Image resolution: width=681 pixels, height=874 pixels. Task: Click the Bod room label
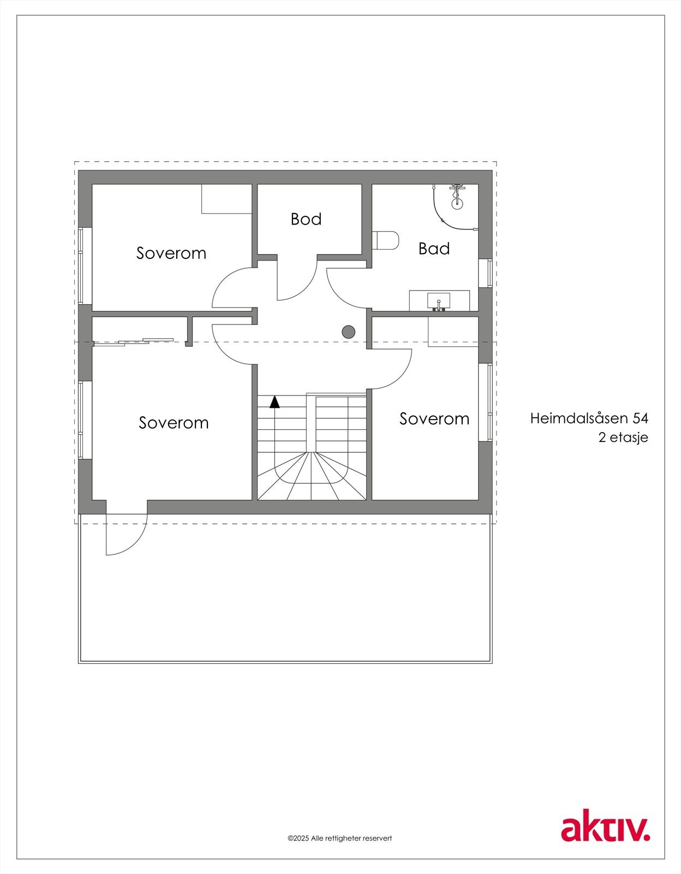pos(306,219)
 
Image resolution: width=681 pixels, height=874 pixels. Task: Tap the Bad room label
pos(434,249)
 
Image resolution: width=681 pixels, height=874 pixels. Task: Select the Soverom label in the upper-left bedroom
pos(171,253)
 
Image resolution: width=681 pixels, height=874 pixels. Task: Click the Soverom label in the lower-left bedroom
pos(174,423)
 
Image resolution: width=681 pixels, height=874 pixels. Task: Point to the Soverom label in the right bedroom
pos(434,419)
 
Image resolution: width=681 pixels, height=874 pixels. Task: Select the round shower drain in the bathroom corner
pos(457,203)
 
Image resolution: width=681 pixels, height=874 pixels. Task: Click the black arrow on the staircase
pos(274,402)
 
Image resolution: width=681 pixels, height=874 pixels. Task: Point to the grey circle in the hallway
pos(349,332)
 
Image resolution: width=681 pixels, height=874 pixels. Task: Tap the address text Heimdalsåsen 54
pos(589,418)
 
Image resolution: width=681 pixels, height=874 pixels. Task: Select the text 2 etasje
pos(623,438)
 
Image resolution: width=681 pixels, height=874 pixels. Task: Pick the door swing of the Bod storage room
pos(297,281)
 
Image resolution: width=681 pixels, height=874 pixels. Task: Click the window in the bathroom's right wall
pos(486,273)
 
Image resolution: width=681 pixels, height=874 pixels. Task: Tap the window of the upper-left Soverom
pos(82,265)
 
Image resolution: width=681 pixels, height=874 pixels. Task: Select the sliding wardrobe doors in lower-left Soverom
pos(134,341)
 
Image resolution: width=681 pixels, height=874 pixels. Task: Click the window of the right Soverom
pos(486,401)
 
